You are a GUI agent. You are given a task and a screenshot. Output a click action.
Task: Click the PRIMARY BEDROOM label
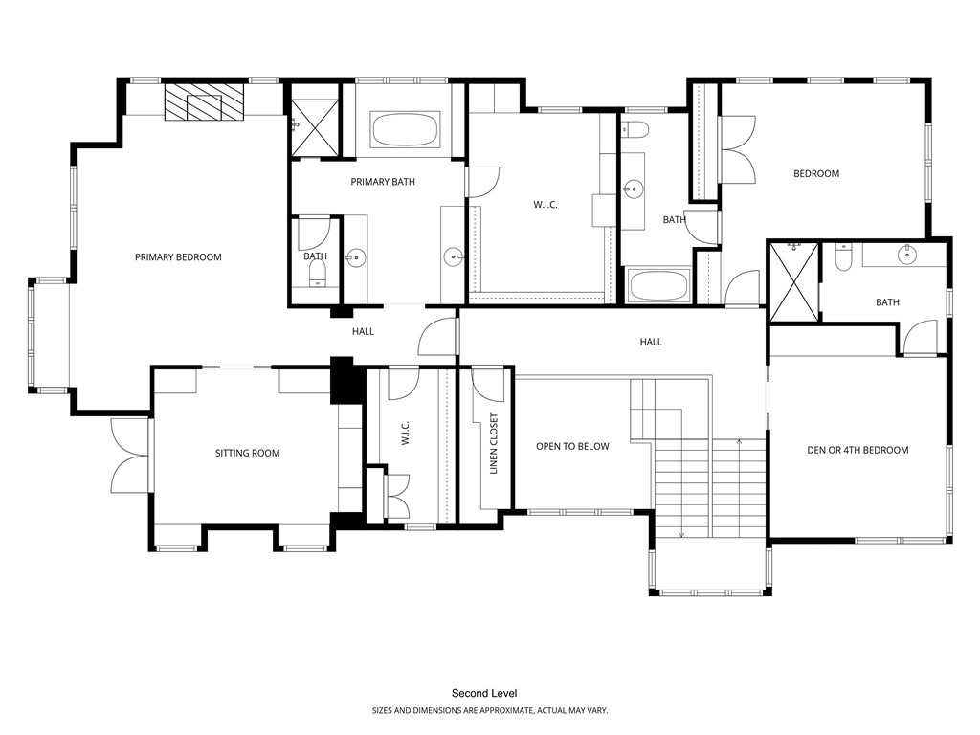coord(178,257)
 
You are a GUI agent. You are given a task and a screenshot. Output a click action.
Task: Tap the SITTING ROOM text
coord(247,453)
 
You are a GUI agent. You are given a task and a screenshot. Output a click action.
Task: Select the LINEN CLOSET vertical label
coord(494,445)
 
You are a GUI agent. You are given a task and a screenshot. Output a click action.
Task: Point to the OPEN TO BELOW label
coord(572,446)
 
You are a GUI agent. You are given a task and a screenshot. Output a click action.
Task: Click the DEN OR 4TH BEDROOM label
coord(857,450)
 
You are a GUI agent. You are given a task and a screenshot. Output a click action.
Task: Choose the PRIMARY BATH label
coord(383,182)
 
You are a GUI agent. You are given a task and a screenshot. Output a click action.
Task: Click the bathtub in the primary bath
coord(406,129)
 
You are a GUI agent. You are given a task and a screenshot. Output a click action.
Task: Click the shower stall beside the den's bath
coord(794,280)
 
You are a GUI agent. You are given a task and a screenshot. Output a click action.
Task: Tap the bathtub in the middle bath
coord(658,285)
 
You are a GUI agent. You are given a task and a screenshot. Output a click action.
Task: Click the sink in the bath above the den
coord(904,255)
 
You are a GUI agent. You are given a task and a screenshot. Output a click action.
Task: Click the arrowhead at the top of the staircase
coord(740,441)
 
